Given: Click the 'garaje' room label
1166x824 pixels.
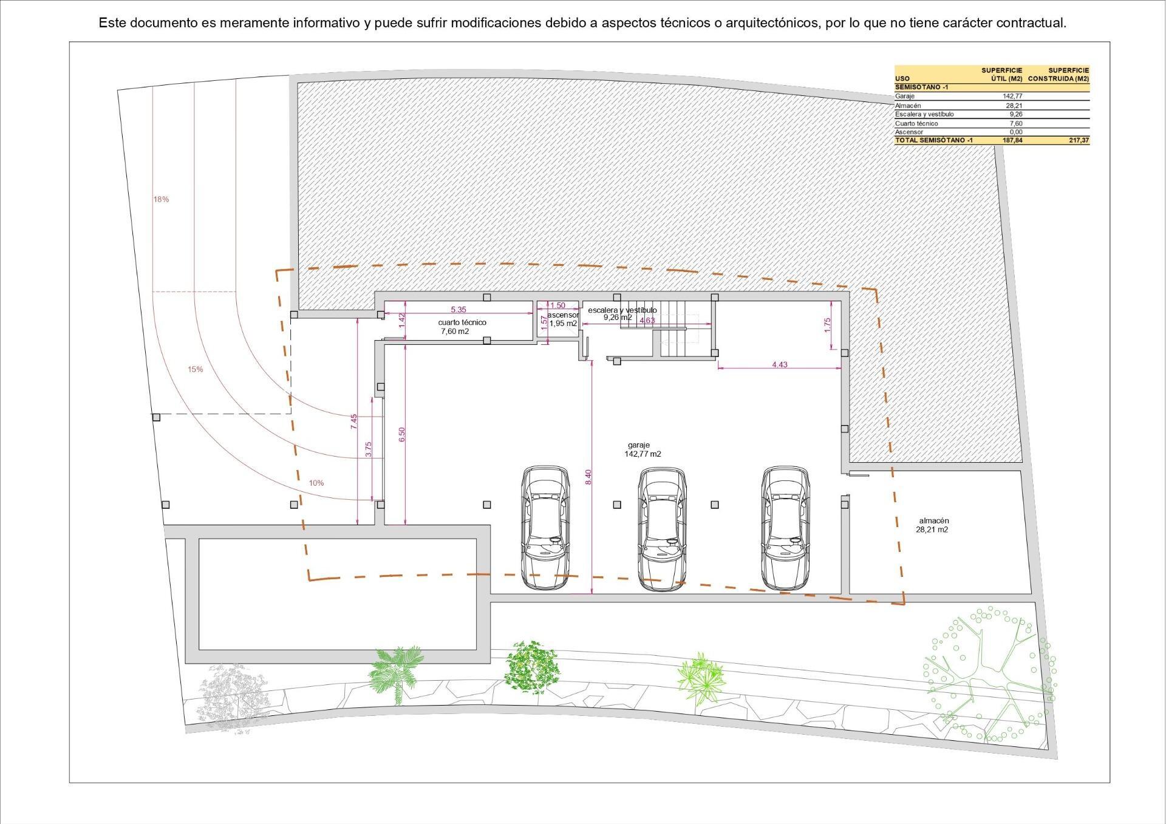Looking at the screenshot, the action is [638, 445].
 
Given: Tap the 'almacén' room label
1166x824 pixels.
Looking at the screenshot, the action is [934, 520].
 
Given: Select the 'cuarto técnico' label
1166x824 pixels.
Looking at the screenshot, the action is [462, 322].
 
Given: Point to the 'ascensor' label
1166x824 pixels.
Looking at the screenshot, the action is [563, 315].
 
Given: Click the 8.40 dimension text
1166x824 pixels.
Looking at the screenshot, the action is [588, 477].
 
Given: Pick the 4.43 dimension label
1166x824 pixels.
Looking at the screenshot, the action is [780, 364].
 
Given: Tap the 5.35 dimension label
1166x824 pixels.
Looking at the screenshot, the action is [459, 309].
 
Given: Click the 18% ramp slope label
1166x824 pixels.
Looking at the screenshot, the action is [161, 199].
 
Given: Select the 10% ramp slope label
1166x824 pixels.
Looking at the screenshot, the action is [316, 483].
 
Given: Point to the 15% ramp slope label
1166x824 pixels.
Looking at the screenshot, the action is [196, 369].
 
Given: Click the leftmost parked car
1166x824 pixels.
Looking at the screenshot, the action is [545, 528].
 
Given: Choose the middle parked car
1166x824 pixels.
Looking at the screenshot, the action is [662, 528].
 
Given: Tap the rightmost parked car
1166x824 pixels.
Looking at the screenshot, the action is [787, 528].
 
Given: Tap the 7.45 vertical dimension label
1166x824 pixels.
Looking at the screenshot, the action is [354, 421].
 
